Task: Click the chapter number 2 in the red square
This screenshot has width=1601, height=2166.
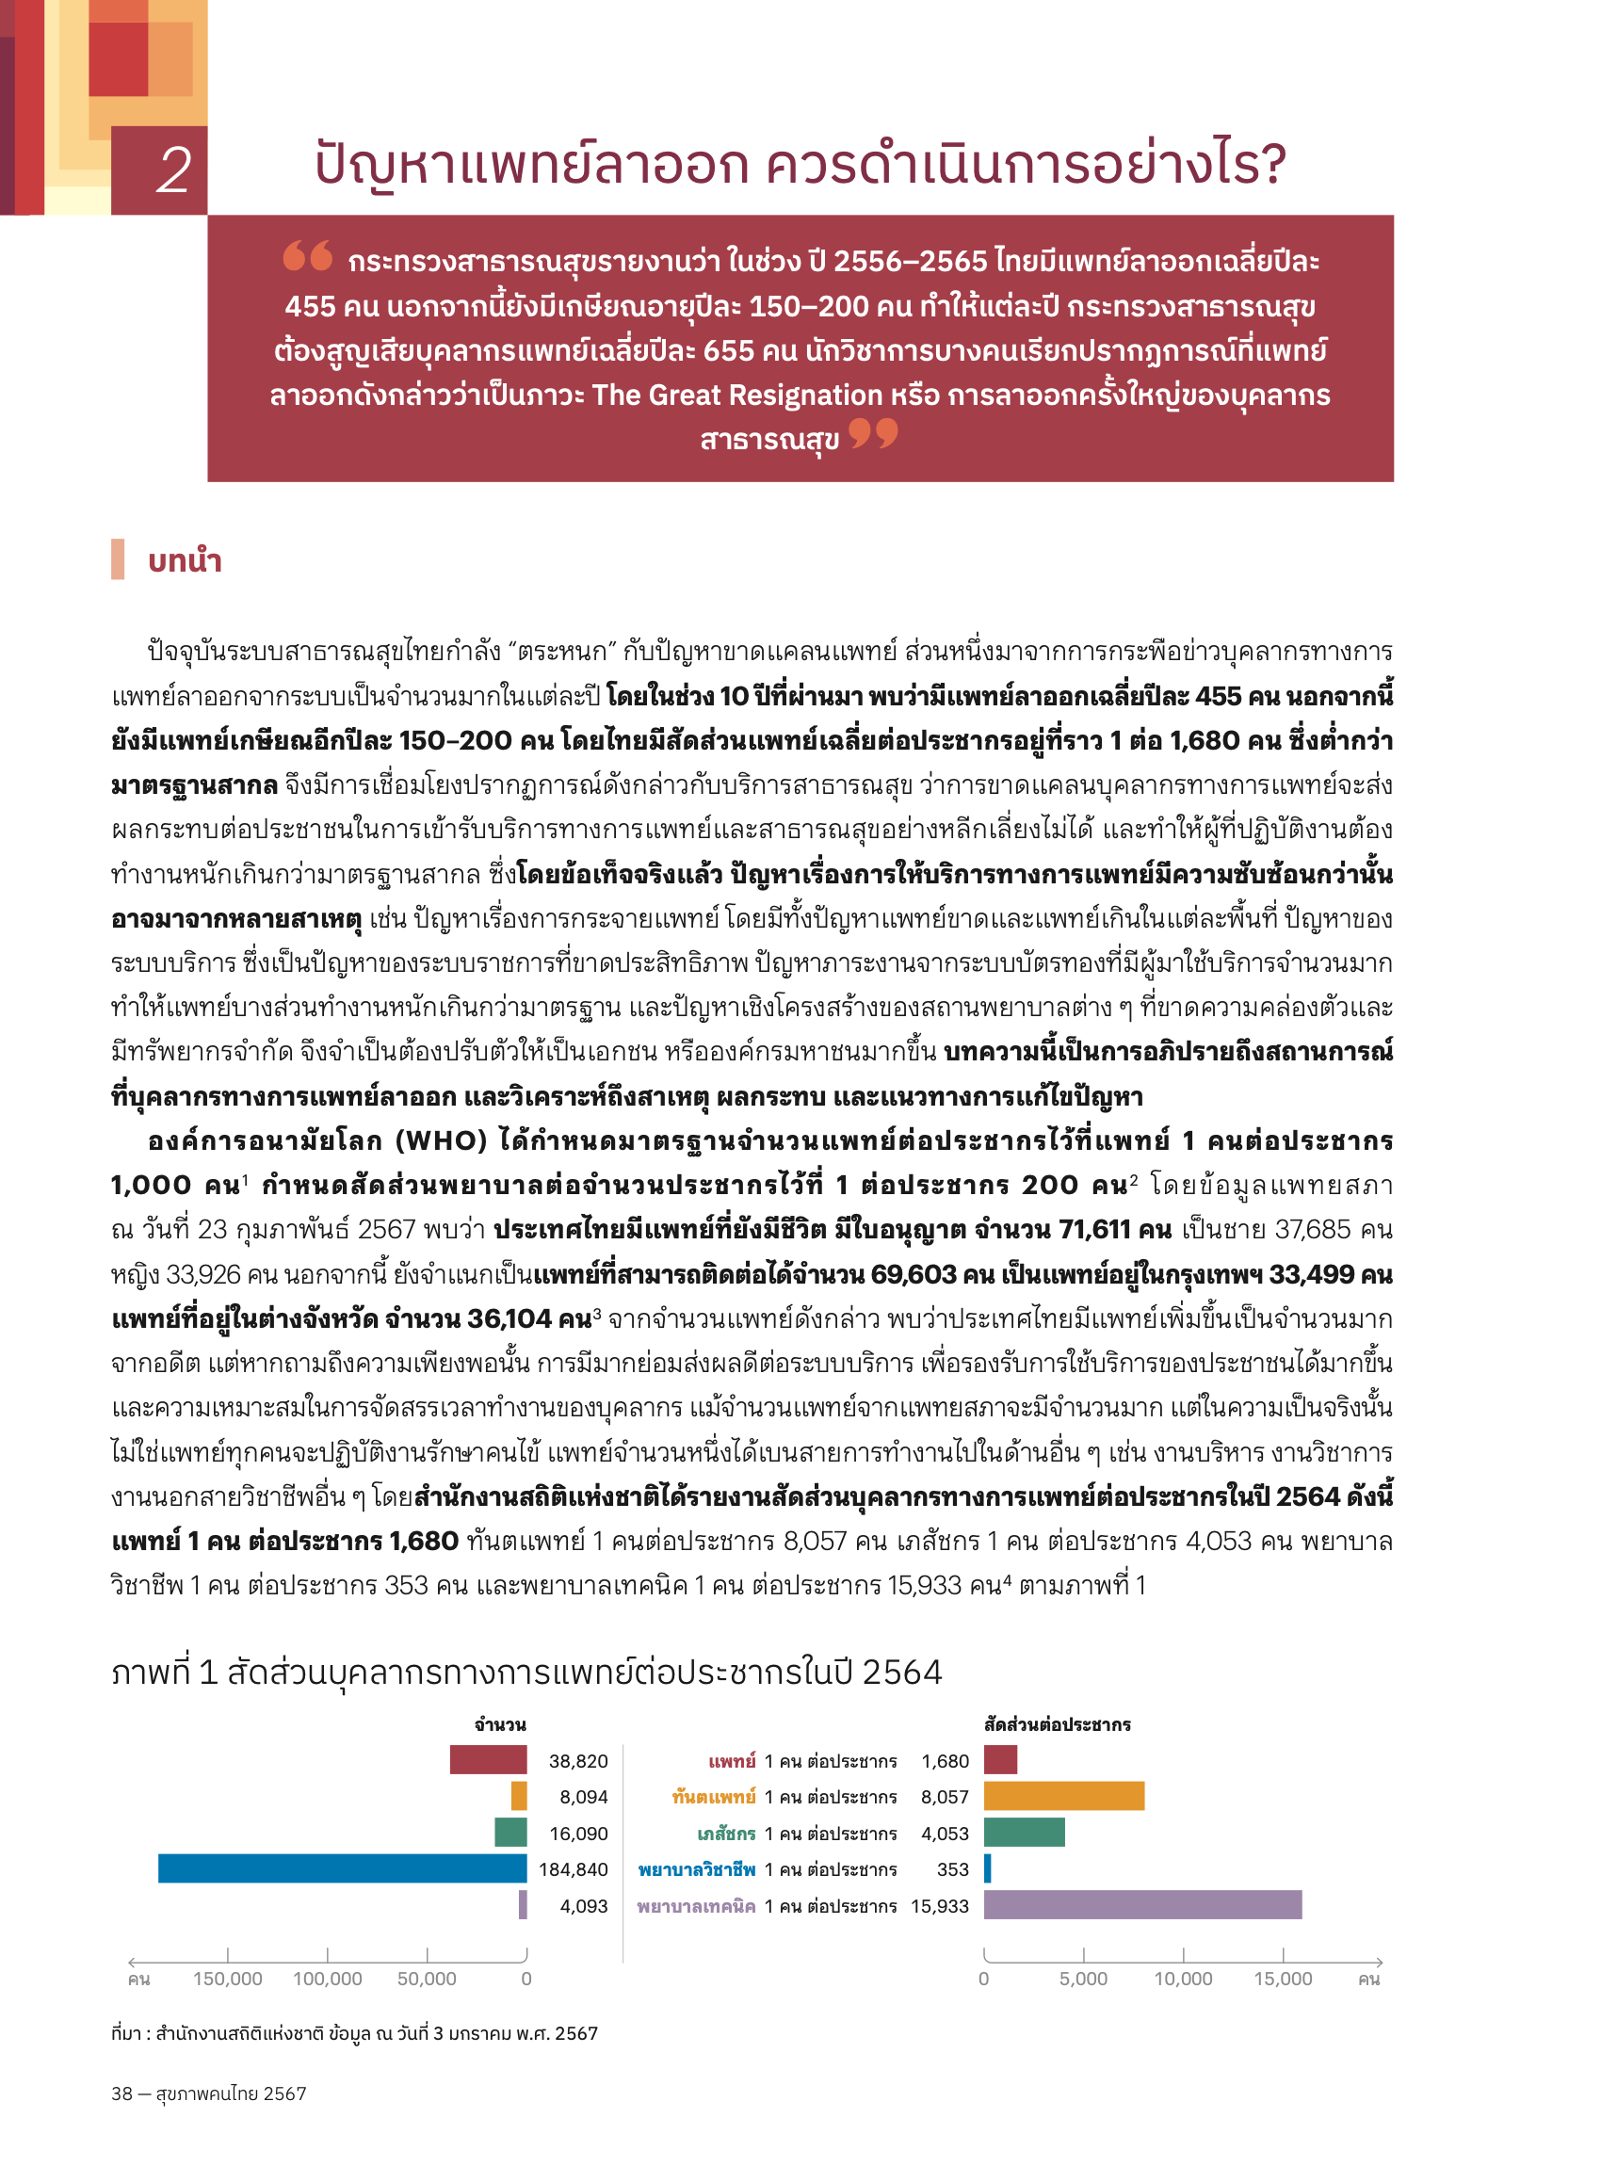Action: point(172,170)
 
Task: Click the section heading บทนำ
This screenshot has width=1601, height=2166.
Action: point(185,561)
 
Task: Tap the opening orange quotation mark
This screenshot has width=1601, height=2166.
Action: point(307,256)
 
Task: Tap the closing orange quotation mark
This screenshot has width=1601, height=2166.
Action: point(873,433)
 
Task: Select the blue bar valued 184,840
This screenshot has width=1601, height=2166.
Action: point(342,1868)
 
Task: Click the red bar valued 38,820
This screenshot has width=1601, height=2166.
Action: point(488,1760)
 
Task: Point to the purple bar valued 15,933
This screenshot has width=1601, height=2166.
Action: point(1141,1904)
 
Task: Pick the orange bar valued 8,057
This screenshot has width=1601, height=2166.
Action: point(1063,1796)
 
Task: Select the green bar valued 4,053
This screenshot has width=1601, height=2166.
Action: point(1024,1833)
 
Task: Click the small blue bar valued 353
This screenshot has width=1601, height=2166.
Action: point(987,1868)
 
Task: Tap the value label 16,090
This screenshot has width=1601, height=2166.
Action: point(577,1834)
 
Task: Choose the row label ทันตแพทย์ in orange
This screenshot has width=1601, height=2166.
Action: point(713,1797)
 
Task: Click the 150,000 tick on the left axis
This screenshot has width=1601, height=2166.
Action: point(227,1979)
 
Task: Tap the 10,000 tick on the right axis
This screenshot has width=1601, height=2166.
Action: point(1182,1979)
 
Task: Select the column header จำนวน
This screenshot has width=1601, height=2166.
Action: point(500,1725)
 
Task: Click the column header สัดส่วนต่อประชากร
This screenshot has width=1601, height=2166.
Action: point(1057,1725)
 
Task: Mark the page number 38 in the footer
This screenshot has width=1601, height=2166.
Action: point(121,2093)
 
